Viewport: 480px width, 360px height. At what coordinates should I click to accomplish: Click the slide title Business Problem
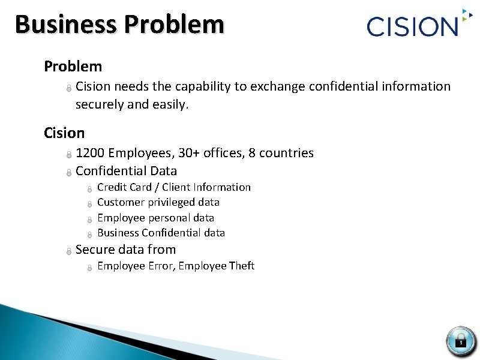click(119, 25)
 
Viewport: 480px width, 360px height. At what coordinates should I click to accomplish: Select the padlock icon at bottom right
click(460, 340)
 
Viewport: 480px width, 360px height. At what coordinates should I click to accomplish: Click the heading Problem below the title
click(73, 66)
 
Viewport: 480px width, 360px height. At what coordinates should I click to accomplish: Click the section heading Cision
click(64, 132)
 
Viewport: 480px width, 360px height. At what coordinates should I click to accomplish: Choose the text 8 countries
click(281, 153)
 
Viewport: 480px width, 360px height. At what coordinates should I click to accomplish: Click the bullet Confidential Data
click(126, 171)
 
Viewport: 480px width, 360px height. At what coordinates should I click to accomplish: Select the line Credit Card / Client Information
click(173, 187)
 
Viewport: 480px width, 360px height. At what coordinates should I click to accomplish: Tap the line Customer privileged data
click(158, 202)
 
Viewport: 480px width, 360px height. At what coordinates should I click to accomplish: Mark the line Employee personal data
click(155, 218)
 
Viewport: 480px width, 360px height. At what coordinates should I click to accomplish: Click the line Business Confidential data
click(161, 233)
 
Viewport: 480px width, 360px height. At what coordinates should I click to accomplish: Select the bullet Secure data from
click(125, 250)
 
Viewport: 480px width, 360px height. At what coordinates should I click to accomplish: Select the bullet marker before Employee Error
click(89, 267)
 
